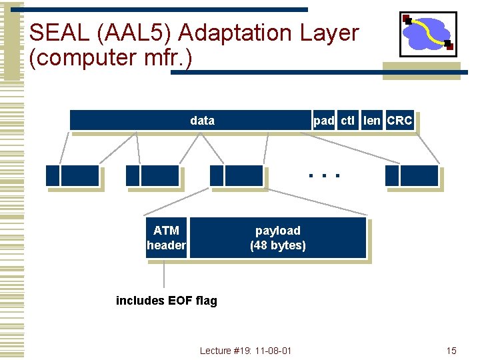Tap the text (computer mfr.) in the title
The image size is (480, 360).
pos(111,58)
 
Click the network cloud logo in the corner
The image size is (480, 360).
pos(427,34)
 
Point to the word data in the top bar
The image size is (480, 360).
pos(202,121)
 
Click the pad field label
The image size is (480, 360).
pos(324,121)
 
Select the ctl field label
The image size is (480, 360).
pos(347,121)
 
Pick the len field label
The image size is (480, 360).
pos(372,121)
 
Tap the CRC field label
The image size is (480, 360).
pos(399,121)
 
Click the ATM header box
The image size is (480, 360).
pos(166,238)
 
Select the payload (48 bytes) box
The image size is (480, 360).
pos(278,238)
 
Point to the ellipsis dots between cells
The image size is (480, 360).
pos(324,177)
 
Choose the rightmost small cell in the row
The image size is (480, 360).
pos(411,176)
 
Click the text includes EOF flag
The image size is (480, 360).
pos(167,301)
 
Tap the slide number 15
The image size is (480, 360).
pos(451,351)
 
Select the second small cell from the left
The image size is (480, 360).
pos(153,176)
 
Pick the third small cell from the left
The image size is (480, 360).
pos(237,176)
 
